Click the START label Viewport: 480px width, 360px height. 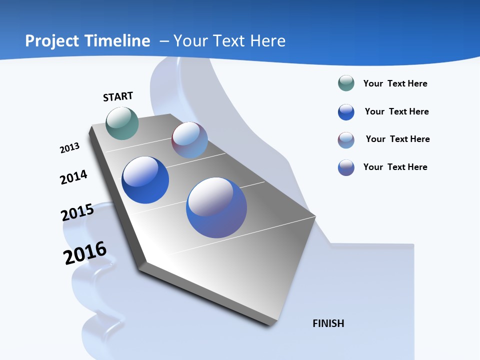point(118,96)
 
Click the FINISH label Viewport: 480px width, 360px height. point(328,323)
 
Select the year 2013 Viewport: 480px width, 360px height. point(70,148)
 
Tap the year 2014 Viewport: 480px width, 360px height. point(74,177)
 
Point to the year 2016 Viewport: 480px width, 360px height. point(85,253)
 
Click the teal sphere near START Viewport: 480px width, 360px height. point(122,123)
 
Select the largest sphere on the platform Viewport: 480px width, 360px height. point(216,207)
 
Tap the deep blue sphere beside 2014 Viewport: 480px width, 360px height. point(145,180)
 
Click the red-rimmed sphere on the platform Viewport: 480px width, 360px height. point(189,140)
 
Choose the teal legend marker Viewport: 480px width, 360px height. point(346,83)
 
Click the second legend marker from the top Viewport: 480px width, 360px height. point(346,112)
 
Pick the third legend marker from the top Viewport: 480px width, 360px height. point(346,140)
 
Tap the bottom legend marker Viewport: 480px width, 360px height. point(346,167)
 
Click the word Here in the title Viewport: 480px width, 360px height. point(267,41)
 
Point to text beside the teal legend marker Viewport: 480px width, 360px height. point(395,83)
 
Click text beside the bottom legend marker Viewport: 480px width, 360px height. point(395,167)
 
